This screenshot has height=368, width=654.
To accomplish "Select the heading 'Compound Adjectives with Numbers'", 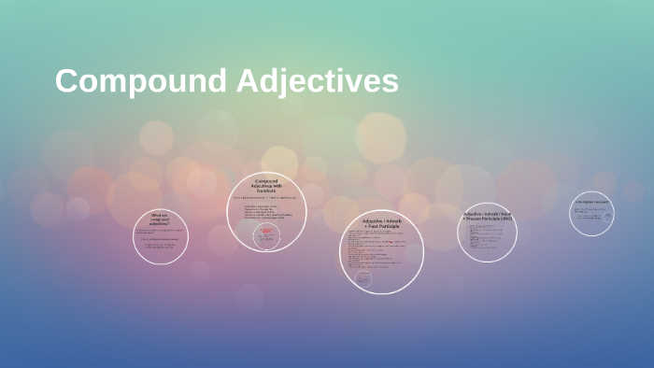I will pos(266,186).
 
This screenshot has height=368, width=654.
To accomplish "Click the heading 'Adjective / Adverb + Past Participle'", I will pos(381,223).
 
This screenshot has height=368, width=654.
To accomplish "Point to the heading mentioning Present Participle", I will pos(487,216).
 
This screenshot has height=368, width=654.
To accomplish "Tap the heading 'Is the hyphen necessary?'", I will pos(591,202).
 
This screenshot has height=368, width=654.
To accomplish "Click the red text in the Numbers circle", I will pos(266,231).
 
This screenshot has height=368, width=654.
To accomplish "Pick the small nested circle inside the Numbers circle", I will pos(266,236).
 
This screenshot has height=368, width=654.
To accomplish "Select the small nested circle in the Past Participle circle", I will pos(363,278).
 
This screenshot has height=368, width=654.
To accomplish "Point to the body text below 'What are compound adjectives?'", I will pos(160,240).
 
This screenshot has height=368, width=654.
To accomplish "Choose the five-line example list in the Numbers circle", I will pos(267,213).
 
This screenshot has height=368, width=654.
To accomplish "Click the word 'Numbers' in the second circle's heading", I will pos(267,191).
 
